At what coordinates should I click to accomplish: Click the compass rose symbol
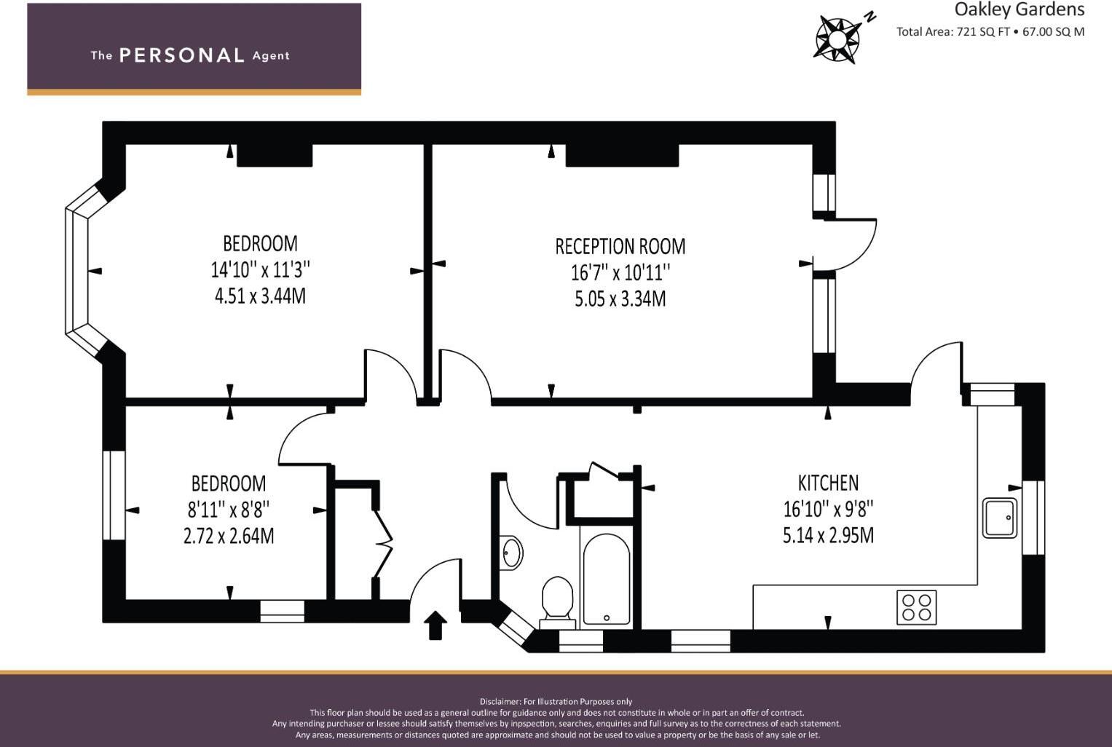coord(837,37)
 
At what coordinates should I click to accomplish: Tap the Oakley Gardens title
coord(1019,9)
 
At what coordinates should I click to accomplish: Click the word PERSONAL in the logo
coord(181,55)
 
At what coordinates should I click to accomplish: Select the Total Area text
coord(990,31)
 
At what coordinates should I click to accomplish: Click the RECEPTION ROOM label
coord(620,247)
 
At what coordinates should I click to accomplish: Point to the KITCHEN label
coord(828,483)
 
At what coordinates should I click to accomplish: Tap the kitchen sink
coord(1000,518)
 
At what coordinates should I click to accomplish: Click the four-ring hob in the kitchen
coord(916,607)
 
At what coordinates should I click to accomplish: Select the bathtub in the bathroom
coord(606,579)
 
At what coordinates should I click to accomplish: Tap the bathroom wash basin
coord(511,553)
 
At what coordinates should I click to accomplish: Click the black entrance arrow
coord(435,625)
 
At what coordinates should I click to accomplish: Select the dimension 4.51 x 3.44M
coord(260,296)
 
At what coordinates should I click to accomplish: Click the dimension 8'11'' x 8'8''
coord(229,510)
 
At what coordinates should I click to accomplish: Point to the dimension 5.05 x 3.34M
coord(620,299)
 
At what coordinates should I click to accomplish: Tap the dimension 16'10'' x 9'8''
coord(828,509)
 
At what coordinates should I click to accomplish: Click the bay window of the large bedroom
coord(78,271)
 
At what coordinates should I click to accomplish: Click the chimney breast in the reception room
coord(622,155)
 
